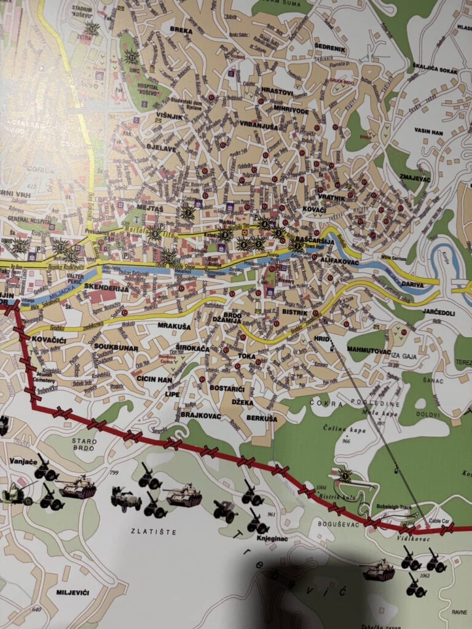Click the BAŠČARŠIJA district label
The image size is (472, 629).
point(315,241)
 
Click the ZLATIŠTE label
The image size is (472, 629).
point(147,530)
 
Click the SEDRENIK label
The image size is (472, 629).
point(330,48)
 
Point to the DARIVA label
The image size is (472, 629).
point(412,285)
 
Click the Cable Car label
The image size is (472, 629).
point(439,520)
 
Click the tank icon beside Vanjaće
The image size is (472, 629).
point(77,488)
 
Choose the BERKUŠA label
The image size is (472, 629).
point(262,418)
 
